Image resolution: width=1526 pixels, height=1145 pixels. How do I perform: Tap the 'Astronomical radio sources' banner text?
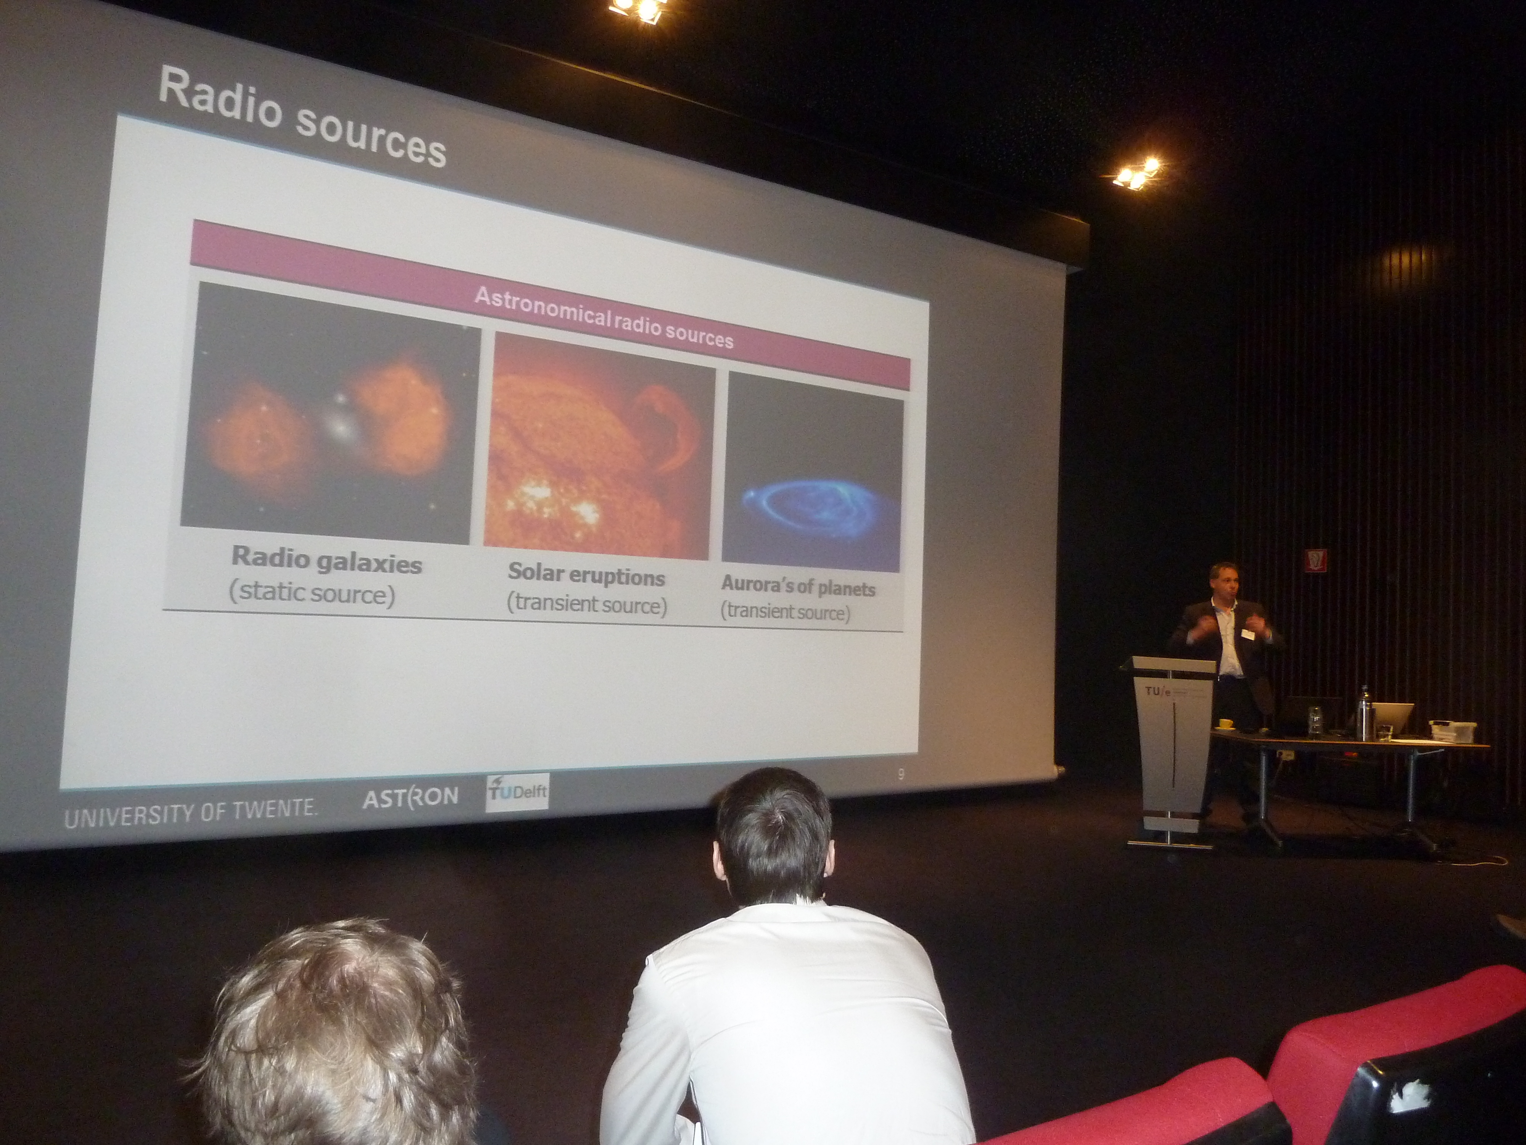pyautogui.click(x=604, y=318)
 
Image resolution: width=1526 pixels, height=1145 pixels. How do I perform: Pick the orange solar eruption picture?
pyautogui.click(x=599, y=445)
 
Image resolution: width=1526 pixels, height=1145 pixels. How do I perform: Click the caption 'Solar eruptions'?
pyautogui.click(x=586, y=574)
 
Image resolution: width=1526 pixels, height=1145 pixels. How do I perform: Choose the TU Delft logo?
pyautogui.click(x=517, y=793)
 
